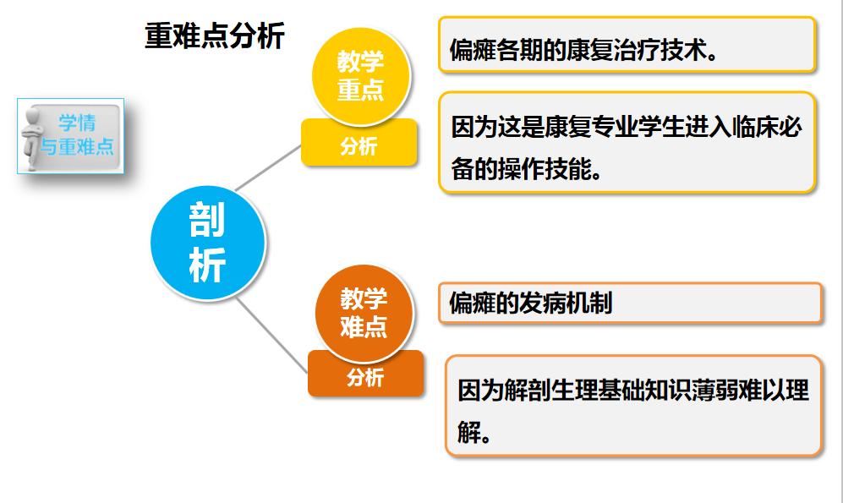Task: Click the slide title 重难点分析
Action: [x=215, y=36]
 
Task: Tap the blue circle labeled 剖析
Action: [x=207, y=242]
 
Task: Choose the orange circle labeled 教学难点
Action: [x=364, y=312]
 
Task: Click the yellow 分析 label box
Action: [x=359, y=146]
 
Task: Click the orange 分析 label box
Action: [x=364, y=377]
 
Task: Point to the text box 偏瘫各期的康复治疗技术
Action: [x=627, y=45]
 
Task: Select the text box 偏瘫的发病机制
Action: [x=630, y=303]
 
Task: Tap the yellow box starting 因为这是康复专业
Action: [x=627, y=144]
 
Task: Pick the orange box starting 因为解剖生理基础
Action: [x=633, y=407]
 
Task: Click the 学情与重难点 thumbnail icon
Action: [x=71, y=136]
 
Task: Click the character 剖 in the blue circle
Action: [x=207, y=221]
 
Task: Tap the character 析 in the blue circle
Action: [x=207, y=265]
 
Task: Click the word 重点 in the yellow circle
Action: [x=361, y=90]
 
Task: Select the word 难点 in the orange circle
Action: [x=364, y=327]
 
